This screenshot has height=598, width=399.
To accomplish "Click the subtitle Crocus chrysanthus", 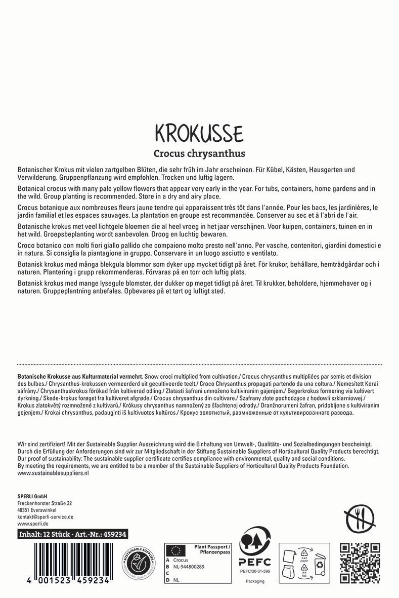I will (x=199, y=153).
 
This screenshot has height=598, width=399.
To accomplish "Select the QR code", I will (x=360, y=563).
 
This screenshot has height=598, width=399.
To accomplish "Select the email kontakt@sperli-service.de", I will (x=46, y=517).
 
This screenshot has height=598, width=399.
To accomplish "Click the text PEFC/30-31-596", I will (x=255, y=571).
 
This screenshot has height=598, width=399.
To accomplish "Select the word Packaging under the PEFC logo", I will (x=255, y=581).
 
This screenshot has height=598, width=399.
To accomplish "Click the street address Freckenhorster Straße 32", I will (x=45, y=503).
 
